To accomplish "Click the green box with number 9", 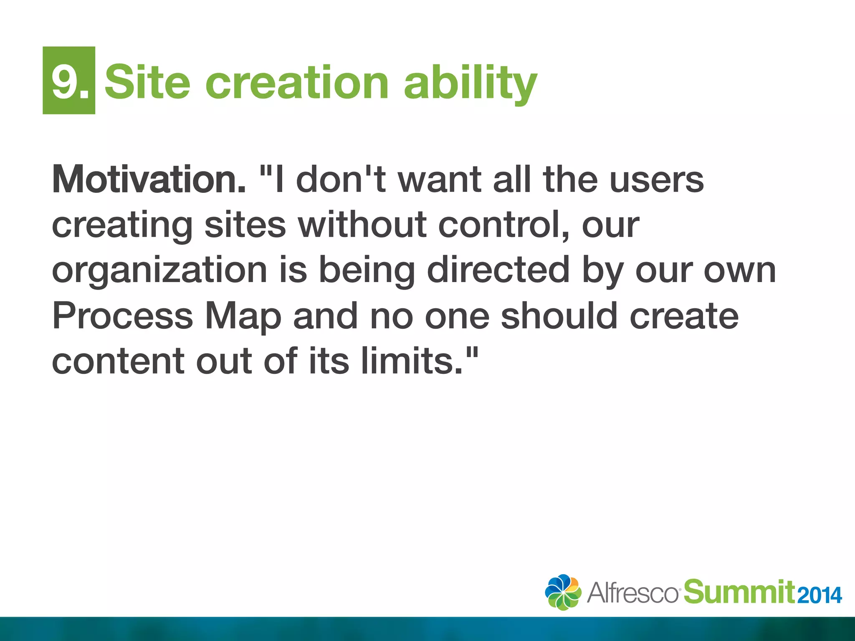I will [x=69, y=80].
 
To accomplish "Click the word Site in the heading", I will [x=147, y=82].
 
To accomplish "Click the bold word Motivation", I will [x=149, y=179].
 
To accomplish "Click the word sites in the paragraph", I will [x=245, y=225].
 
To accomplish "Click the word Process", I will [x=122, y=316].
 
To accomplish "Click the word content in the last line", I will [x=118, y=361].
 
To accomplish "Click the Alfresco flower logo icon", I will [x=563, y=592].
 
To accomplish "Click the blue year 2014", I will [x=819, y=595].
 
